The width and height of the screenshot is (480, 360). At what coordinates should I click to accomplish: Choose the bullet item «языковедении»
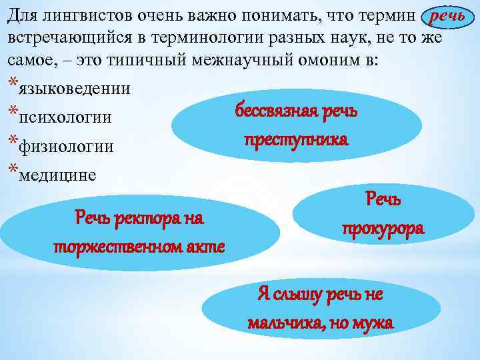point(75,88)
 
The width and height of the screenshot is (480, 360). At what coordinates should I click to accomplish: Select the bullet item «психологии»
point(65,117)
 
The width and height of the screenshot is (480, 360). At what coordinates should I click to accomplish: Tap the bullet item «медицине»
point(57,175)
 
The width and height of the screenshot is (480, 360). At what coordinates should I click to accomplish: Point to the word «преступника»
point(296,140)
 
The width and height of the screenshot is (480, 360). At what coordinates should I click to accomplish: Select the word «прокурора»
point(383,228)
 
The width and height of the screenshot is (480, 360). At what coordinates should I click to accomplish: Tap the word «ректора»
point(142,217)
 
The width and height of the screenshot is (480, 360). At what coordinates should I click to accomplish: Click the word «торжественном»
point(124,246)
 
